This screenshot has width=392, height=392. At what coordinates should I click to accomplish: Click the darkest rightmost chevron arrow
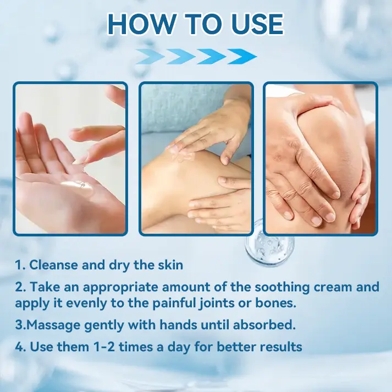(241, 56)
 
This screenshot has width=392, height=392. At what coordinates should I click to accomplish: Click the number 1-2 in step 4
(97, 347)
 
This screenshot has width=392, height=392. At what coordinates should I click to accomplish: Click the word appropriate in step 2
(111, 287)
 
